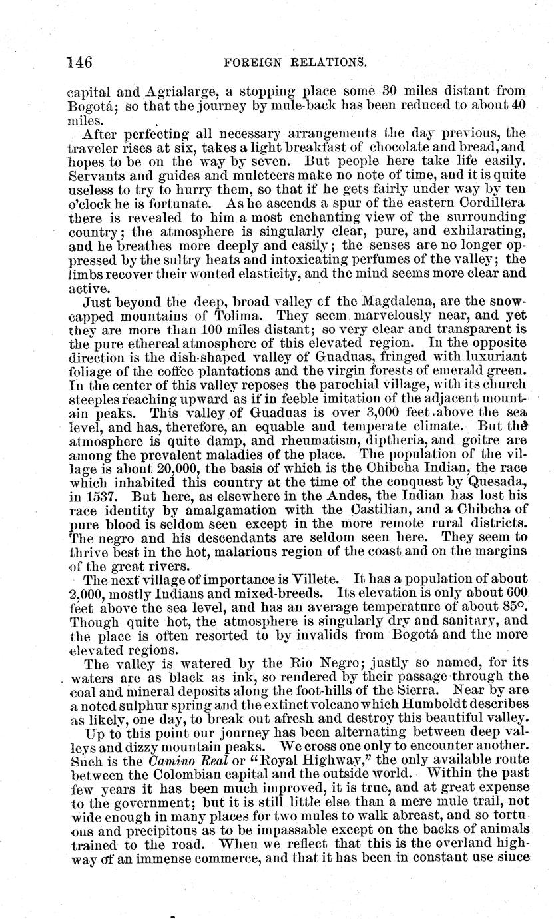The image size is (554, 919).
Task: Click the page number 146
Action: tap(79, 62)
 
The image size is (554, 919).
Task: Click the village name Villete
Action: tap(315, 579)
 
